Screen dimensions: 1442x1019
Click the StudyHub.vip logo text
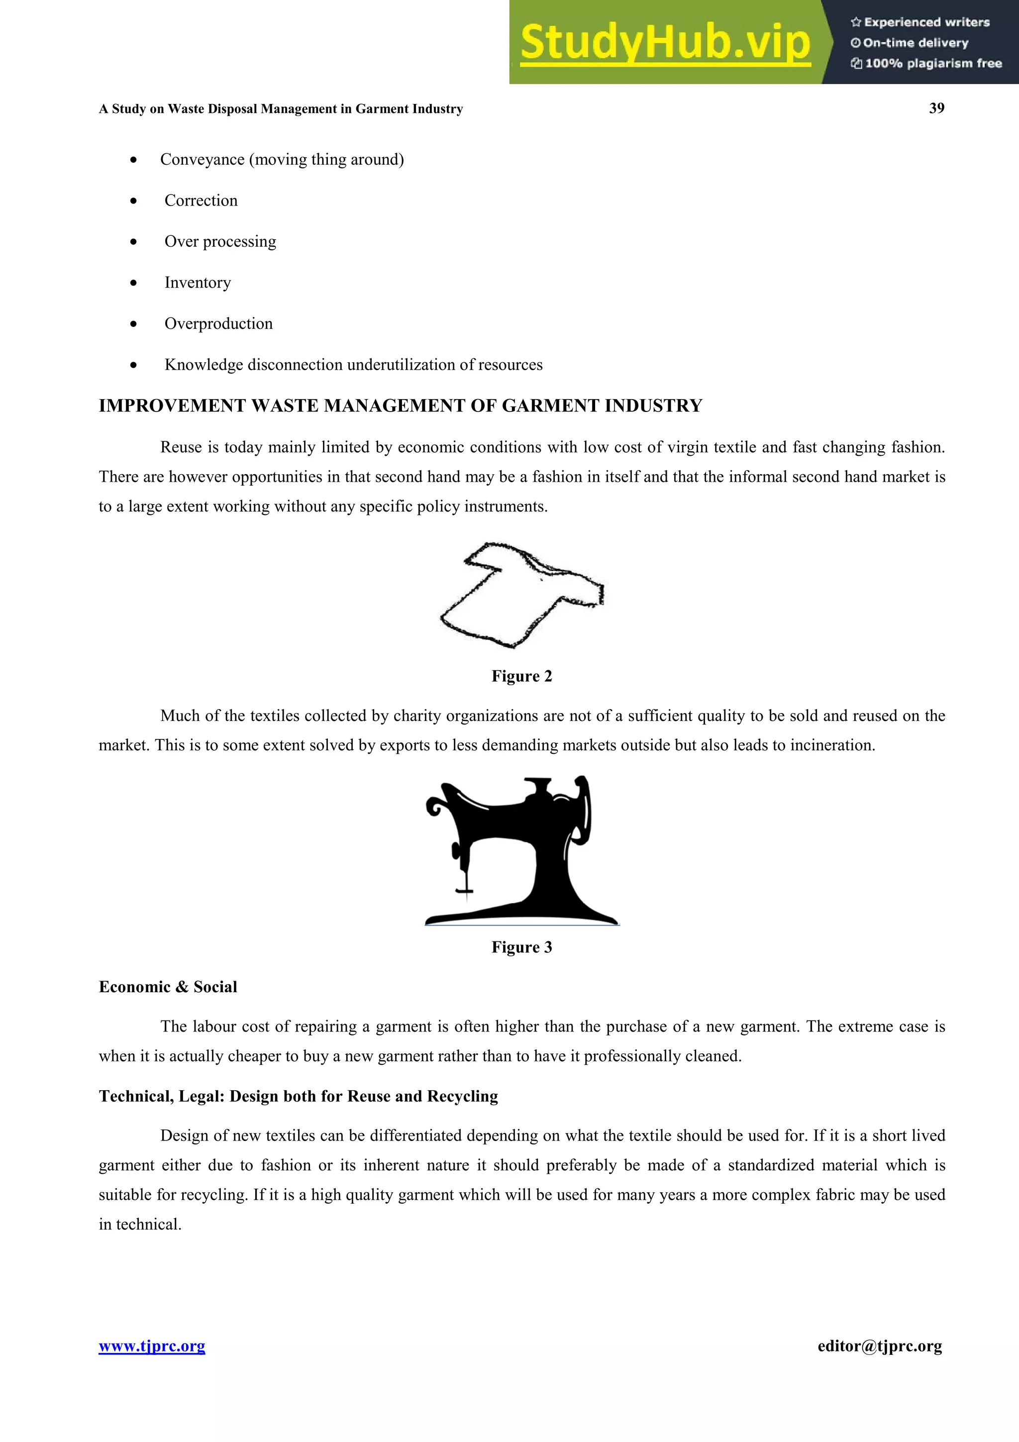[x=665, y=43]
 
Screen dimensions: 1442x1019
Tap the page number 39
[x=936, y=108]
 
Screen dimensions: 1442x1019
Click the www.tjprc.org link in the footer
[x=152, y=1346]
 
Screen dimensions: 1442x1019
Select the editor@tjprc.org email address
[x=880, y=1346]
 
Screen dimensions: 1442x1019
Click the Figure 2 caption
[x=521, y=676]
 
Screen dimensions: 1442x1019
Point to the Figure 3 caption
[x=521, y=947]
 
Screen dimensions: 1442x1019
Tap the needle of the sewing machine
[x=465, y=882]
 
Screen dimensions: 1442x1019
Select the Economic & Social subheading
[x=168, y=987]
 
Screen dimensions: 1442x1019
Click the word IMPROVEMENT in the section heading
[x=172, y=406]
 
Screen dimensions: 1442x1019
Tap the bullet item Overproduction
[x=218, y=323]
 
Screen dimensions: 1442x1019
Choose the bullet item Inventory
[x=197, y=283]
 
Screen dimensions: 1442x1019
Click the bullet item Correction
[x=201, y=201]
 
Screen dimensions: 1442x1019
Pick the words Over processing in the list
[x=220, y=242]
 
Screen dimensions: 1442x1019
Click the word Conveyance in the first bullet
[x=202, y=160]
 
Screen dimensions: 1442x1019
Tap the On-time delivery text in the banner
[x=915, y=43]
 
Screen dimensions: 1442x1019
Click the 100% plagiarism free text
[x=932, y=63]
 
